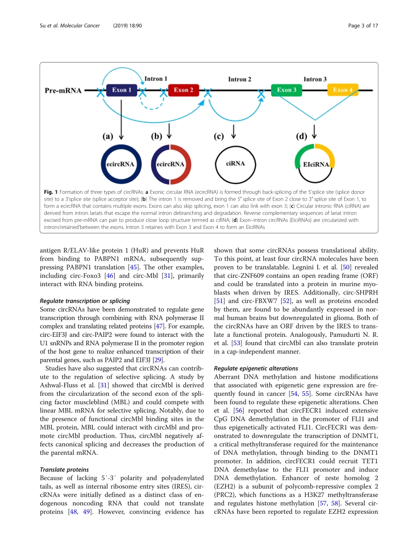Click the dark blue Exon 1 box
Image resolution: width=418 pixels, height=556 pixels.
122,90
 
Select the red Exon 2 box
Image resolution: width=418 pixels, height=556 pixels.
183,90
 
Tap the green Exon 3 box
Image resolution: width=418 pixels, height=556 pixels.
286,90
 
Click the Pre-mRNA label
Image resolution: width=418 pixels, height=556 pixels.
63,91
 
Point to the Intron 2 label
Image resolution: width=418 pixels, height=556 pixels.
240,79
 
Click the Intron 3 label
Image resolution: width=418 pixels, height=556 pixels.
315,79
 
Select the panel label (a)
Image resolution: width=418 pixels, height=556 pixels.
108,136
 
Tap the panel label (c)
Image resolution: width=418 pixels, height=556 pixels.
219,136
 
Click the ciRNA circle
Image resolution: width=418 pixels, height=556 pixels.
235,164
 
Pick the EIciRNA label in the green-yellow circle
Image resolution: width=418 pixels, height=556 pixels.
316,165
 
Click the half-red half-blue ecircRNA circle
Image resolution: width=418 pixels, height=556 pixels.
171,164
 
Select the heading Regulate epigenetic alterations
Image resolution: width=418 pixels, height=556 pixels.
256,368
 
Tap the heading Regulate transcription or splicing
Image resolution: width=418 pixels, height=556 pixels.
85,301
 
